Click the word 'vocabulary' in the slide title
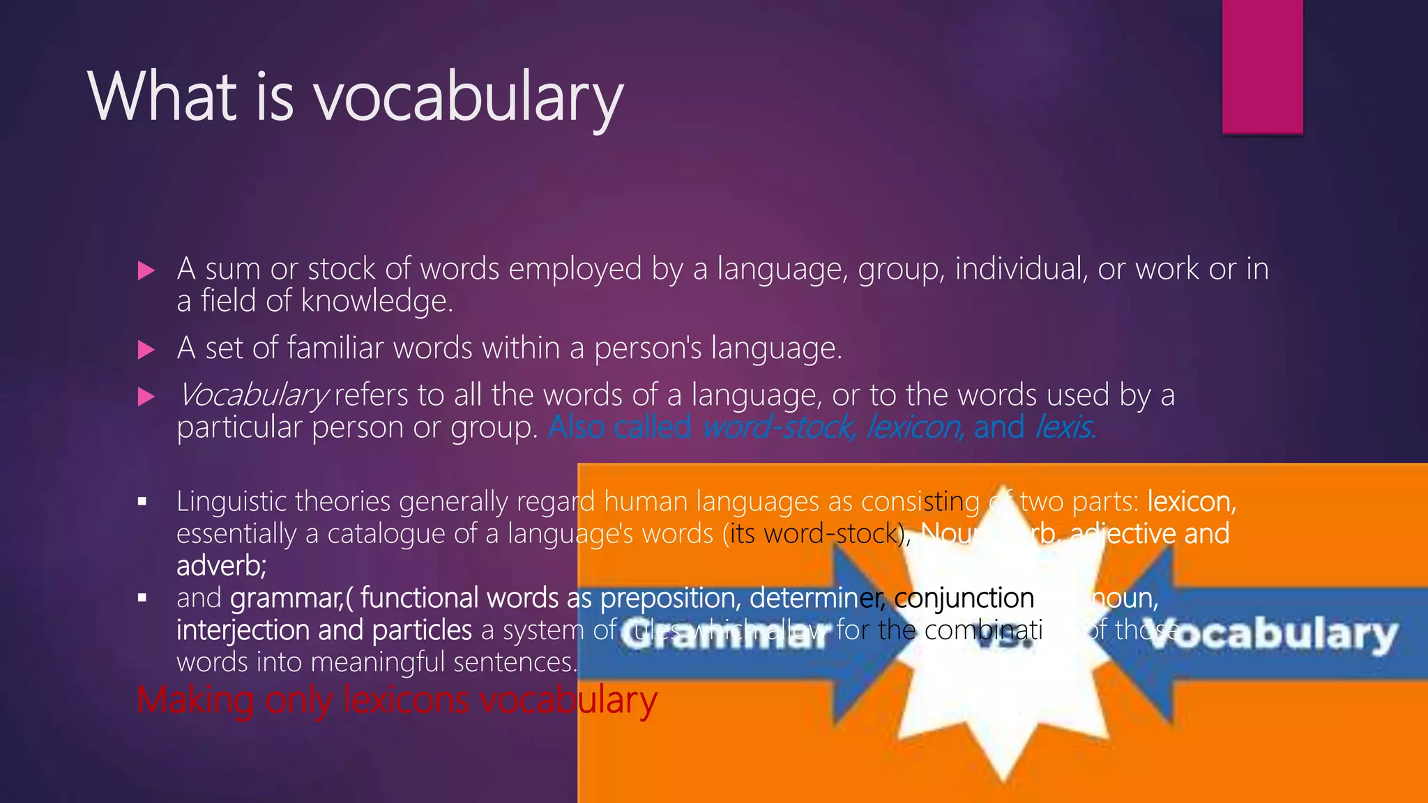(x=469, y=98)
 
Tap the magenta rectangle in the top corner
(x=1262, y=66)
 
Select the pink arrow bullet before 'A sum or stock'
(x=146, y=270)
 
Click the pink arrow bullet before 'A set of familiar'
(x=146, y=349)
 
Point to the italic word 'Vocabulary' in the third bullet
(x=252, y=396)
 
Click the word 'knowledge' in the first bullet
(x=377, y=301)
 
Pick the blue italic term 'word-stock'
(x=778, y=427)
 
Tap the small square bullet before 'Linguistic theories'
(x=142, y=501)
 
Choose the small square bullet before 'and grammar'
(x=142, y=597)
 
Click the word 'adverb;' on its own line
(x=221, y=565)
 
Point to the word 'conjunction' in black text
(x=964, y=598)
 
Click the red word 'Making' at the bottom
(x=195, y=700)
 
